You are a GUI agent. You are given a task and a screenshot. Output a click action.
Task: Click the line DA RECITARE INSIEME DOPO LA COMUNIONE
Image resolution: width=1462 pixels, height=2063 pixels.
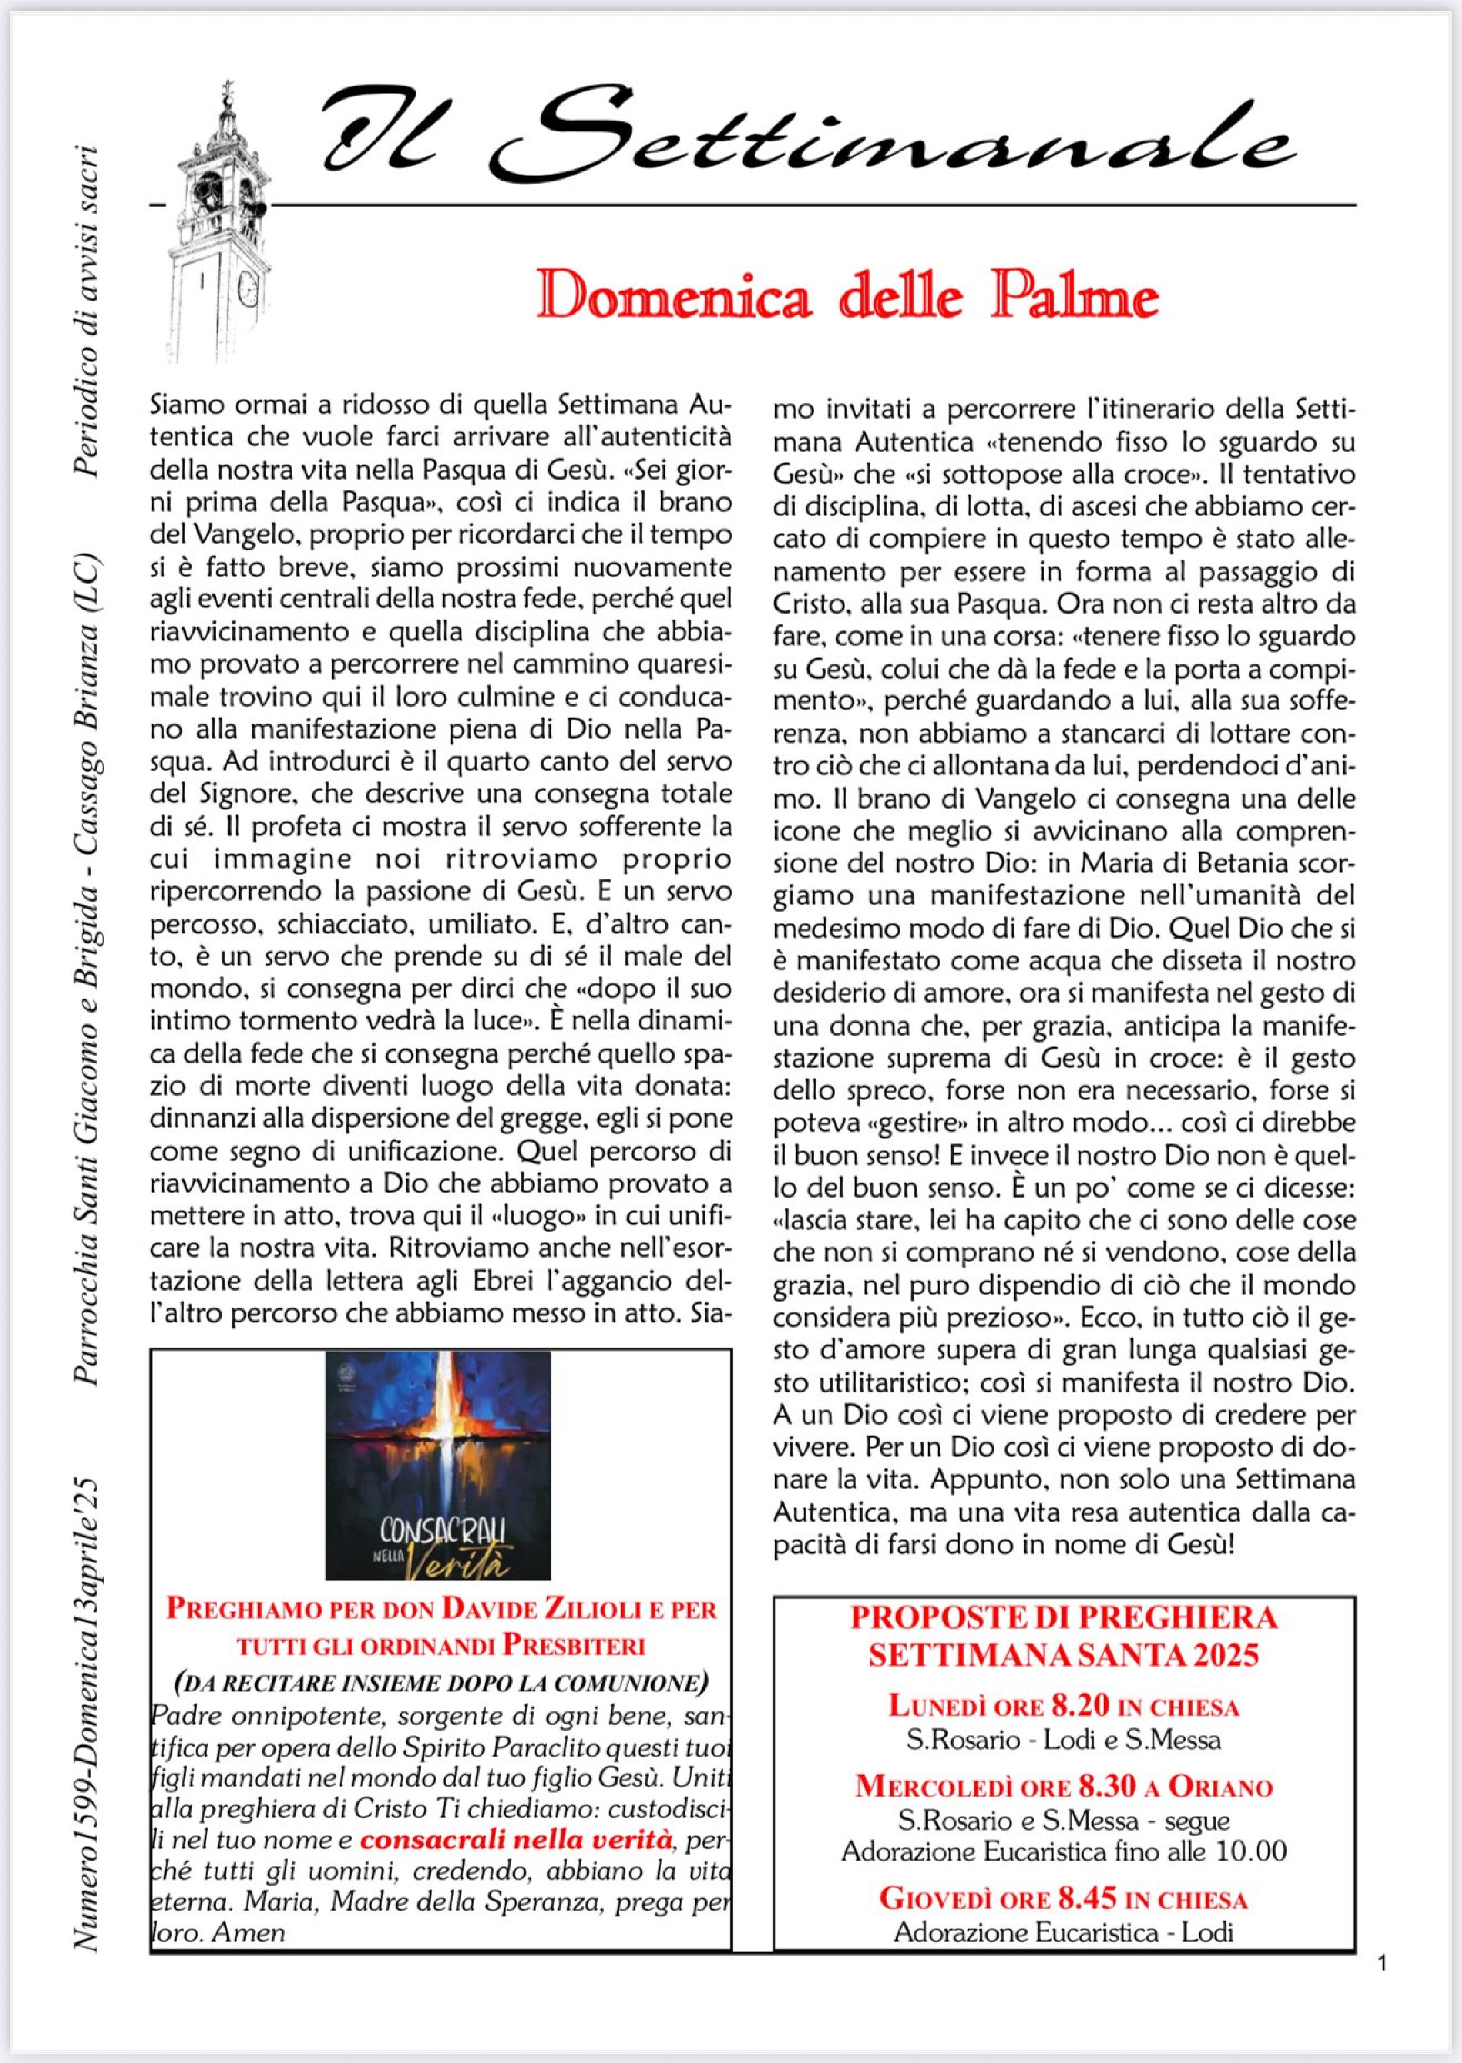tap(440, 1682)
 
